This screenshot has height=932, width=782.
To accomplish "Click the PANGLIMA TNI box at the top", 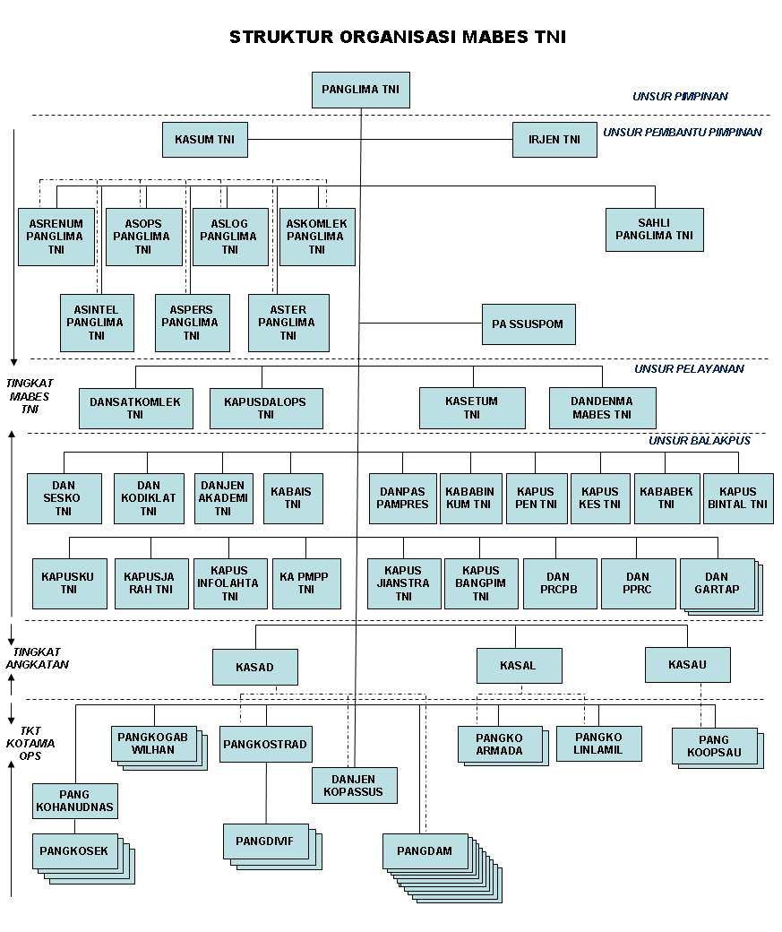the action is (361, 90).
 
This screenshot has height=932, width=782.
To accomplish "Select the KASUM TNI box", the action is (205, 140).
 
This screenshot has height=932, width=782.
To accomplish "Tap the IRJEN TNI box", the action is (554, 140).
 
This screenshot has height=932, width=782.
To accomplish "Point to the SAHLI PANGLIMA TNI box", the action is (654, 230).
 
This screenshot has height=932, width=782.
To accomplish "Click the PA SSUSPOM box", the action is (528, 324).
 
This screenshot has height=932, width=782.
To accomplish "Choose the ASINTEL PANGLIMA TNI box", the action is (97, 323).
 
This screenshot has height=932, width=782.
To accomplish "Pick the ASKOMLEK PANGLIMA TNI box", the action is (317, 237).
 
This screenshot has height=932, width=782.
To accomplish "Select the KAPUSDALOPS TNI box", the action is (266, 409).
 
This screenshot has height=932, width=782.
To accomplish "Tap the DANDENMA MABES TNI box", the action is (603, 409).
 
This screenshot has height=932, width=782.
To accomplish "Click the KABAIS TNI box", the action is (293, 498).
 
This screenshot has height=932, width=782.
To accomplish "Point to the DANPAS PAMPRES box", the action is (403, 498).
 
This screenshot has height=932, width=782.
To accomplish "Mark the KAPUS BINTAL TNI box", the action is (738, 498).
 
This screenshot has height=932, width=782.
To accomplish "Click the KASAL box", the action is (519, 666).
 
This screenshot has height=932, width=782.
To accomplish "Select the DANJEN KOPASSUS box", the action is (354, 785).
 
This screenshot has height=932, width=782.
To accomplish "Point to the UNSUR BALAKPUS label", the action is (700, 440).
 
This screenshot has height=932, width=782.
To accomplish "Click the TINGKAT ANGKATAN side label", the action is (38, 658).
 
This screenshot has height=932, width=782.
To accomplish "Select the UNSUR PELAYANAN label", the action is (689, 368).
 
